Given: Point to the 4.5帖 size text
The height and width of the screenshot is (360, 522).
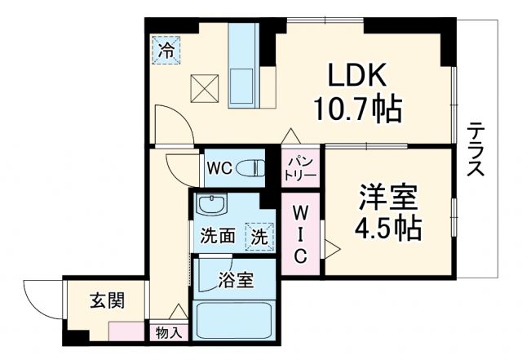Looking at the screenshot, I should click(389, 226).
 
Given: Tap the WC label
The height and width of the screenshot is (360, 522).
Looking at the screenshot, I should click(219, 168).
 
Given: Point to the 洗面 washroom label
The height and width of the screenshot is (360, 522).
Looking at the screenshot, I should click(218, 237).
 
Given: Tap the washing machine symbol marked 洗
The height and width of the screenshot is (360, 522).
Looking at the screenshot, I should click(259, 237).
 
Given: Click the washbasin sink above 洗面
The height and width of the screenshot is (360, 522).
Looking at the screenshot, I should click(217, 205).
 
